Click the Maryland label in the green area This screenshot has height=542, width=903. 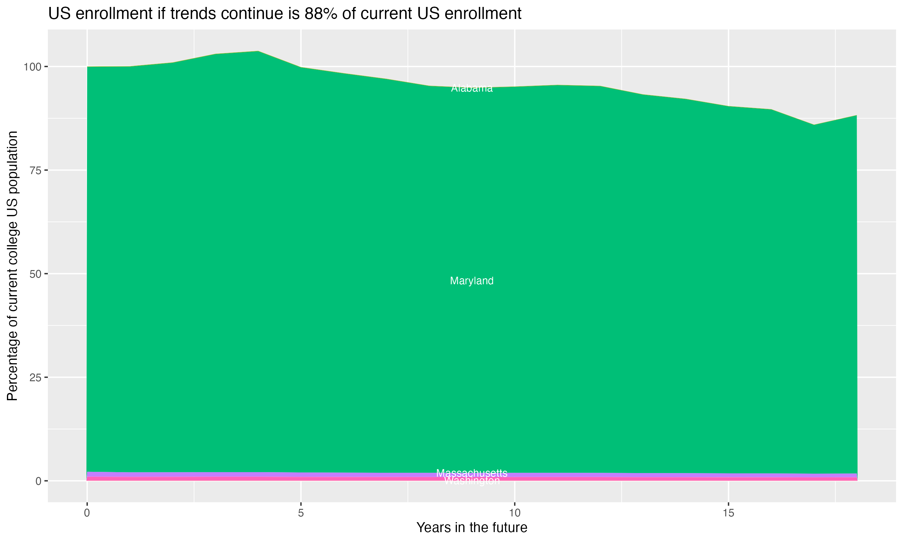[x=472, y=281]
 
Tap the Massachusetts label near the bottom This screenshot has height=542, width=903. [x=472, y=473]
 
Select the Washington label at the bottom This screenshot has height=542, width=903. [x=472, y=481]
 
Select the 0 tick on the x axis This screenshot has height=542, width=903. [x=87, y=513]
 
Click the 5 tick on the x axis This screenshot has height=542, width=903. [x=301, y=513]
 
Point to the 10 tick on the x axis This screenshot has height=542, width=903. [x=514, y=513]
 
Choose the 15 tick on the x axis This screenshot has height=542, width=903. [x=728, y=513]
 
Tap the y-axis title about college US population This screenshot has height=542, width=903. [x=12, y=266]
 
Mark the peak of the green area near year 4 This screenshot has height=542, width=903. [x=258, y=51]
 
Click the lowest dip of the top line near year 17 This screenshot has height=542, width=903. [x=814, y=125]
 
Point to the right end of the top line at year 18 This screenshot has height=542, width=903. [x=856, y=115]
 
